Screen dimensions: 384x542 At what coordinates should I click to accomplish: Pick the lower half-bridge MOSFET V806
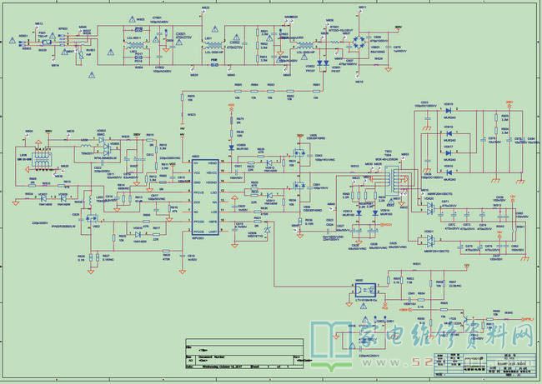coord(297,190)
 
